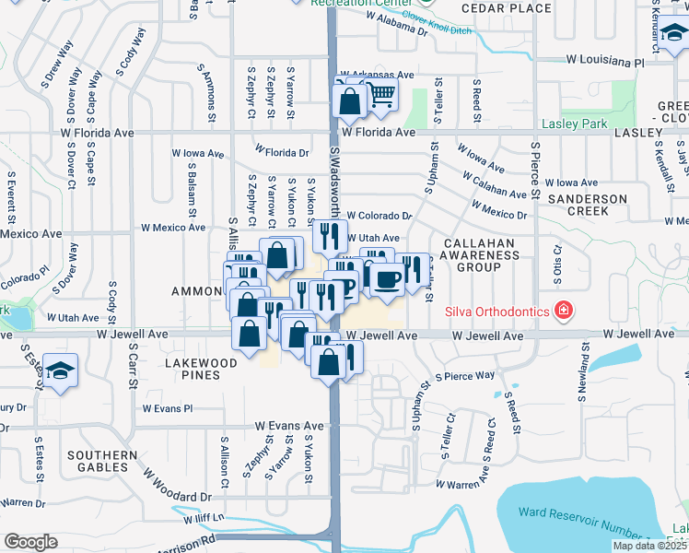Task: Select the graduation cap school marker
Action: [x=60, y=371]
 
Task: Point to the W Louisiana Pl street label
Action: [x=604, y=61]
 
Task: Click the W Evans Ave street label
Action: [x=290, y=426]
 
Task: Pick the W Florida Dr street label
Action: [x=282, y=151]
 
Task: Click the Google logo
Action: [x=30, y=542]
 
